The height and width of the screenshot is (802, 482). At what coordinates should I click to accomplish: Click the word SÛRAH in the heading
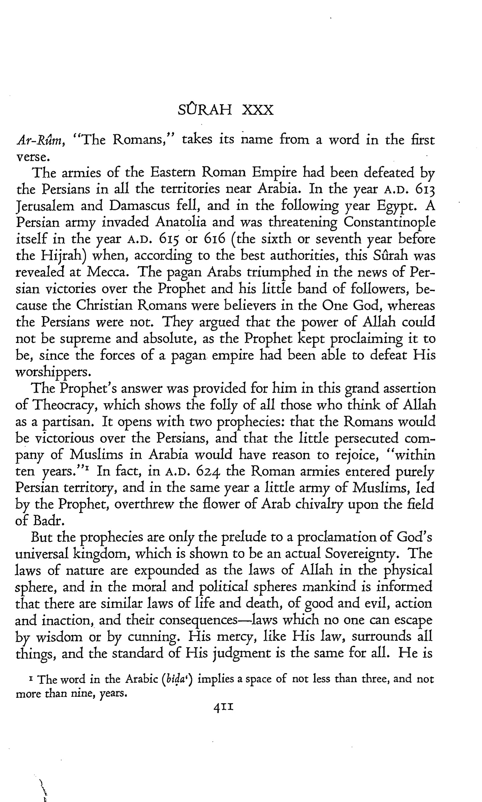pos(205,110)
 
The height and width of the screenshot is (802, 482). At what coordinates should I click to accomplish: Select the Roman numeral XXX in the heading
pos(257,110)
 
